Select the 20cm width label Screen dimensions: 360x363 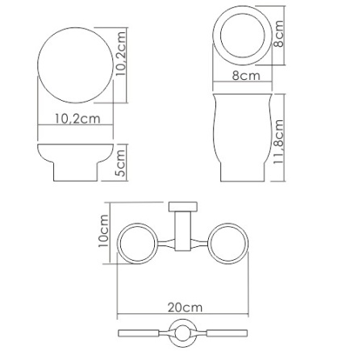[184, 308]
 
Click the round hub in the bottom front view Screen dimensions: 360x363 [183, 333]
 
